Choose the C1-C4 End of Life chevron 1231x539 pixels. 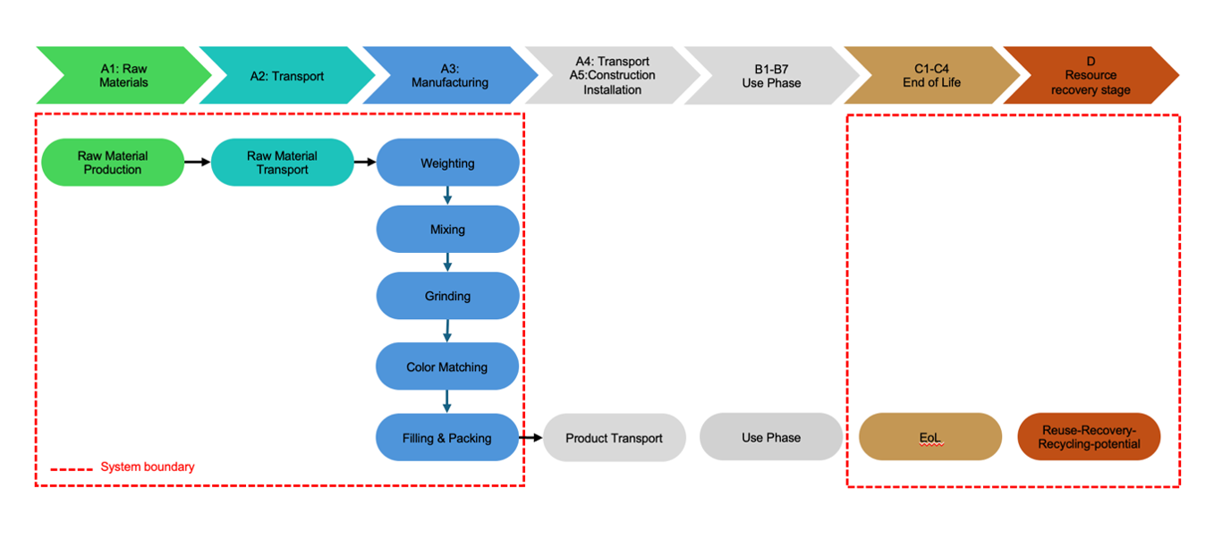point(931,76)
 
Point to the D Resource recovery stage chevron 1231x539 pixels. point(1091,76)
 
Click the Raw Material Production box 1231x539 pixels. point(113,163)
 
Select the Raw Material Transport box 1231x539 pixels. point(283,163)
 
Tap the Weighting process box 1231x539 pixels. point(447,164)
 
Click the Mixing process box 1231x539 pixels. point(447,230)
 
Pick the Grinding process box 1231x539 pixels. point(447,296)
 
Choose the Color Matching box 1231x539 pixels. point(447,366)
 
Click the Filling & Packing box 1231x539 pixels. point(447,438)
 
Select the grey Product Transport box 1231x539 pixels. point(614,438)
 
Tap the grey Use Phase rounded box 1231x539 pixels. point(771,438)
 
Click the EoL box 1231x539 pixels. point(930,437)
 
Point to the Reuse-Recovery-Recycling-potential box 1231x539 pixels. point(1089,437)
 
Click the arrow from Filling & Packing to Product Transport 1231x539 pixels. point(531,438)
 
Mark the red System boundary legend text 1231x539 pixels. point(148,467)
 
